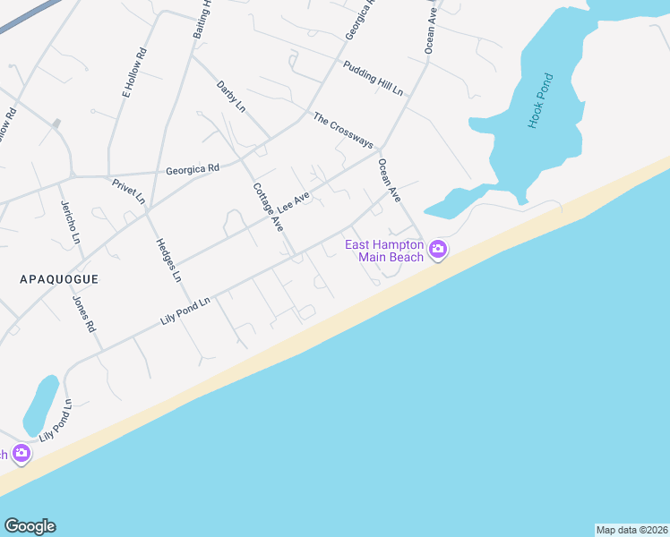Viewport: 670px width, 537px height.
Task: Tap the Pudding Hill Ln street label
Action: tap(374, 79)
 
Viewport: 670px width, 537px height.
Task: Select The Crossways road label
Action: tap(342, 131)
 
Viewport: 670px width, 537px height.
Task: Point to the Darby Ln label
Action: tap(230, 96)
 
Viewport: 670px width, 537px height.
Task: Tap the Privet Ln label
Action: tap(128, 192)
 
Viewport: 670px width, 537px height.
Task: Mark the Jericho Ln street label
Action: tap(70, 226)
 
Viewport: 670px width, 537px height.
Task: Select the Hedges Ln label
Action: tap(168, 260)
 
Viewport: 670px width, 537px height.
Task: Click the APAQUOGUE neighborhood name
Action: tap(59, 279)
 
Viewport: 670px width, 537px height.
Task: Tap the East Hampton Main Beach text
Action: tap(384, 251)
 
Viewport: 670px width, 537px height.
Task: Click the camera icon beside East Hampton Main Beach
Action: tap(438, 250)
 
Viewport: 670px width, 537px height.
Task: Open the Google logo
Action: tap(30, 526)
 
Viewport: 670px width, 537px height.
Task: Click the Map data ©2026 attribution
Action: tap(631, 530)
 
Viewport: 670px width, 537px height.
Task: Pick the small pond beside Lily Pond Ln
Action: tap(40, 405)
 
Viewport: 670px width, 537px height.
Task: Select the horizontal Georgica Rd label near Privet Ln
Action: tap(193, 168)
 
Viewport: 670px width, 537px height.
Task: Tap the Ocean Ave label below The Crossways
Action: tap(389, 174)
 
